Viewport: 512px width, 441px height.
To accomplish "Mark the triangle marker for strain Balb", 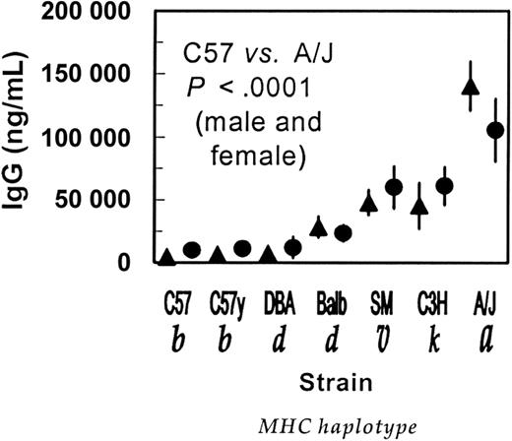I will tap(318, 227).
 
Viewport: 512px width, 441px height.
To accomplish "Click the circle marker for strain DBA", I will tap(292, 247).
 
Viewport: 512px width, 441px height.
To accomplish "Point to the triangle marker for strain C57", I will tap(167, 257).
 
